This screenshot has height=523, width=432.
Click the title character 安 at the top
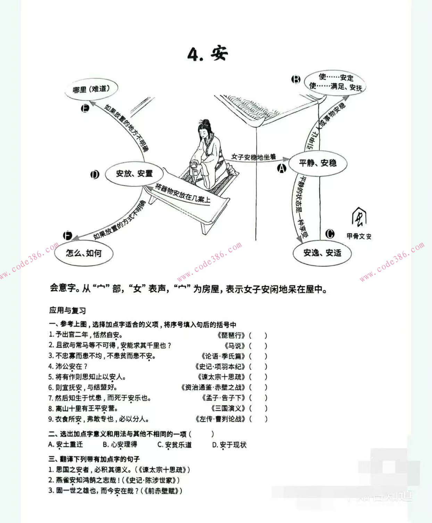(218, 54)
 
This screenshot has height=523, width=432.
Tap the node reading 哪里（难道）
(91, 89)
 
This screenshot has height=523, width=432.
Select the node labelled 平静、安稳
(318, 163)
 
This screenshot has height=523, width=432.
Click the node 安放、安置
(134, 173)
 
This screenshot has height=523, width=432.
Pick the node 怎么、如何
(84, 253)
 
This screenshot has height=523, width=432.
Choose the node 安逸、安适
(322, 253)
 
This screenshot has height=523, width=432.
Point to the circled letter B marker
(296, 80)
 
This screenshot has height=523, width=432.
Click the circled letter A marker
(282, 168)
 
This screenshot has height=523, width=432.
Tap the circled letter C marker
(330, 234)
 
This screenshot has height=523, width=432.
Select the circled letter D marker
(94, 175)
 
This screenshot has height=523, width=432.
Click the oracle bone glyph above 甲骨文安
(359, 218)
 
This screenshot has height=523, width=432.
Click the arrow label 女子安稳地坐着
(254, 157)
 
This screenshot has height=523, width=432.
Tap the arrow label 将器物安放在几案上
(183, 193)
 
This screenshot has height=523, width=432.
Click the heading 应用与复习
(67, 311)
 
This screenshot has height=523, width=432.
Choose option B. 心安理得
(120, 444)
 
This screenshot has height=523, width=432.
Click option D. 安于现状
(229, 445)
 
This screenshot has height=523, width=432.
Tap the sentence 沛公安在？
(68, 367)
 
